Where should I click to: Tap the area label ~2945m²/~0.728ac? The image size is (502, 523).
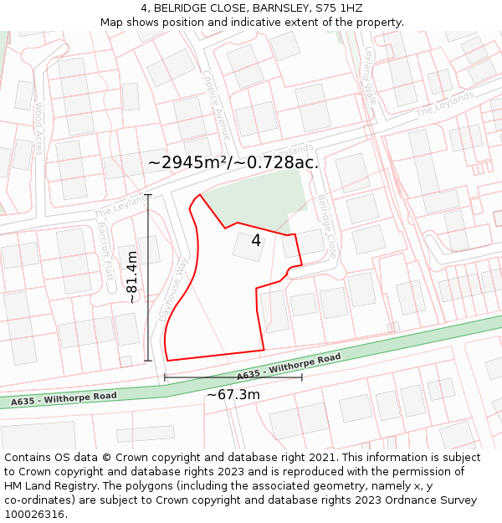233,162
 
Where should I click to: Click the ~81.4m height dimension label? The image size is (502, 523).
132,277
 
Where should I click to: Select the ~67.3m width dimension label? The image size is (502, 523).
233,394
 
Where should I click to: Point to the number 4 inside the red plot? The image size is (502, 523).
256,241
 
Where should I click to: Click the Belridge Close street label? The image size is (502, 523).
326,225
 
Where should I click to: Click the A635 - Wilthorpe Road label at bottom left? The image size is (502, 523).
64,398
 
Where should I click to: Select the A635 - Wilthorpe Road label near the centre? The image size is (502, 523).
289,367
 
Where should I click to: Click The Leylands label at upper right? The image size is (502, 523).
444,103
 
